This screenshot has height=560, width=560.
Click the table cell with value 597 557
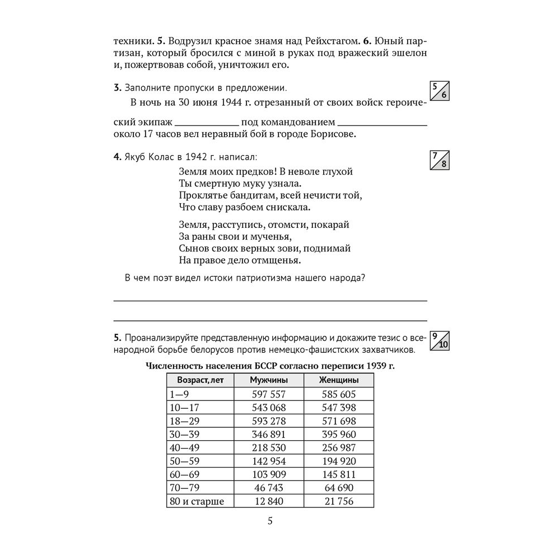click(268, 394)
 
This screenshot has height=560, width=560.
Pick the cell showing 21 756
click(339, 502)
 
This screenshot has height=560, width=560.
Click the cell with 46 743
click(268, 488)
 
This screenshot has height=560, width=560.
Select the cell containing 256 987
click(339, 448)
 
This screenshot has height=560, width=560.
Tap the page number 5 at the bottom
click(270, 521)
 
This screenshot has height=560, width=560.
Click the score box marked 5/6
click(438, 90)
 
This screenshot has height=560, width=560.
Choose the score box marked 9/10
click(438, 340)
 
